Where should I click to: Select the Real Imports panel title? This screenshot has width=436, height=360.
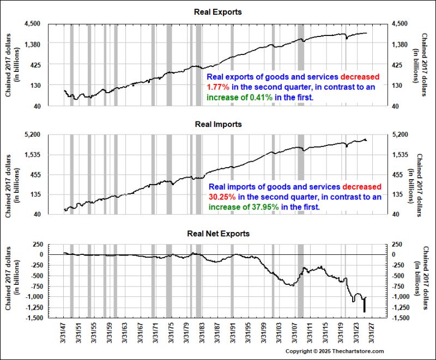[218, 124]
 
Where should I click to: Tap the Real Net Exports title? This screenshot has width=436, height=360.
[218, 234]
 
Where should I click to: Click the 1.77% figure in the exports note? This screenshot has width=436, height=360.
[217, 87]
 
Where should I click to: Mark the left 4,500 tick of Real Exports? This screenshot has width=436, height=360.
[33, 24]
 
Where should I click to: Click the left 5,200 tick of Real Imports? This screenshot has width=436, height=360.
[33, 135]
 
